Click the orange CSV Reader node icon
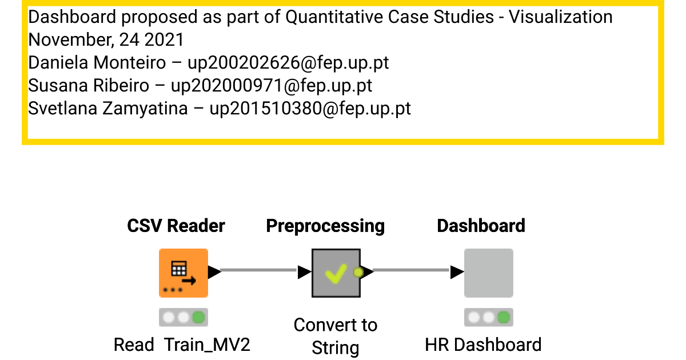pyautogui.click(x=183, y=273)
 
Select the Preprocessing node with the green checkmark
pyautogui.click(x=336, y=273)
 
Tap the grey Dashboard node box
pyautogui.click(x=488, y=273)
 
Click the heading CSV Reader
pyautogui.click(x=176, y=226)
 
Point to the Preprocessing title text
pyautogui.click(x=325, y=226)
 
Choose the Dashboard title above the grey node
pyautogui.click(x=481, y=226)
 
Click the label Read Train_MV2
pyautogui.click(x=182, y=345)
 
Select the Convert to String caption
pyautogui.click(x=336, y=336)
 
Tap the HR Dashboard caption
pyautogui.click(x=483, y=345)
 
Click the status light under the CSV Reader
pyautogui.click(x=183, y=317)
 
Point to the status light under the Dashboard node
pyautogui.click(x=488, y=317)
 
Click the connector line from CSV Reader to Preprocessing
pyautogui.click(x=258, y=270)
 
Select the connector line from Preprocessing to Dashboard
pyautogui.click(x=412, y=270)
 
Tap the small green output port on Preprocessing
pyautogui.click(x=358, y=273)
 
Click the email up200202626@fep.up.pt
pyautogui.click(x=280, y=62)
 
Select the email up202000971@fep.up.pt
pyautogui.click(x=272, y=85)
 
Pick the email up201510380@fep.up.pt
pyautogui.click(x=310, y=108)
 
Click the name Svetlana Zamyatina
pyautogui.click(x=108, y=108)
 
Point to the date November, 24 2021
pyautogui.click(x=106, y=39)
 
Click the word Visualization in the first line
pyautogui.click(x=560, y=17)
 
